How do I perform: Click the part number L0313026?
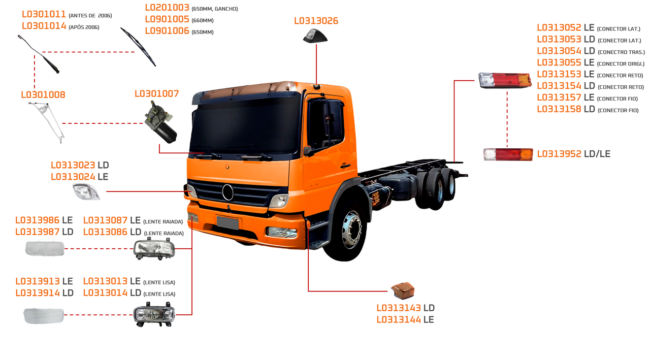coord(316,21)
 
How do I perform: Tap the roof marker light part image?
coord(315,36)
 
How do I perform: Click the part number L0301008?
coord(43,95)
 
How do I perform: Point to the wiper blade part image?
coord(138,47)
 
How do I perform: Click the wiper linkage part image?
coord(48,121)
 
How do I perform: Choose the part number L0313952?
coord(559,154)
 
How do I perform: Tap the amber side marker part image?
coord(403,291)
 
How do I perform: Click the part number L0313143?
coord(399,308)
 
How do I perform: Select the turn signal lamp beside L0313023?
coord(86,192)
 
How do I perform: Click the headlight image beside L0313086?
coord(154,249)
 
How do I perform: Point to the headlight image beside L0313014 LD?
coord(154,315)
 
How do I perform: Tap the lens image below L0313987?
coord(45,249)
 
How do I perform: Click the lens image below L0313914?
coord(44,315)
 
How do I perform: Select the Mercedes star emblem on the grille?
coord(227,192)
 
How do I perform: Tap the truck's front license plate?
coord(228,222)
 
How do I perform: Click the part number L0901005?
coord(167,20)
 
